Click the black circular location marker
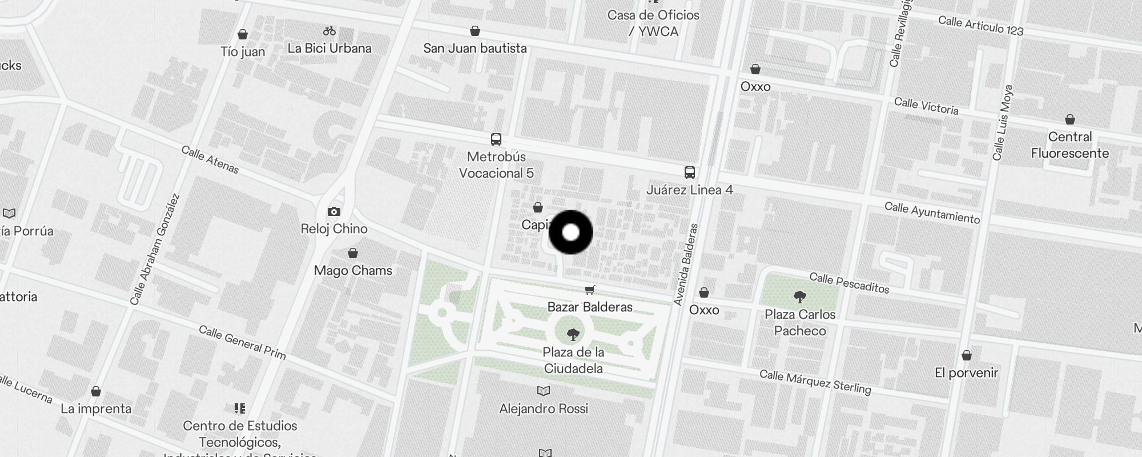coord(570,232)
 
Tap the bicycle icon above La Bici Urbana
coord(329,31)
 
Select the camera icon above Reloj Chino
coord(334,212)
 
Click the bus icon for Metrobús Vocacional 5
coord(496,139)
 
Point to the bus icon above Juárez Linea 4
coord(690,172)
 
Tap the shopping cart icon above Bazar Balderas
coord(590,290)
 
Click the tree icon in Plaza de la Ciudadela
coord(573,335)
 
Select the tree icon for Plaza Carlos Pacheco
coord(800,297)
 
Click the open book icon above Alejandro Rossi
coord(544,391)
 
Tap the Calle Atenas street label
coord(210,159)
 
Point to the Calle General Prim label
coord(242,342)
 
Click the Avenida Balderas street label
coord(686,264)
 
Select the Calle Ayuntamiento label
coord(932,213)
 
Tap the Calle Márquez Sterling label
coord(815,382)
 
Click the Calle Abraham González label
coord(155,249)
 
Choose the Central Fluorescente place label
coord(1069,145)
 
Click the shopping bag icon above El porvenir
coord(966,356)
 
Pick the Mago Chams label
coord(353,270)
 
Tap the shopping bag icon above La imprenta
coord(96,392)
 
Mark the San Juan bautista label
coord(475,49)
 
